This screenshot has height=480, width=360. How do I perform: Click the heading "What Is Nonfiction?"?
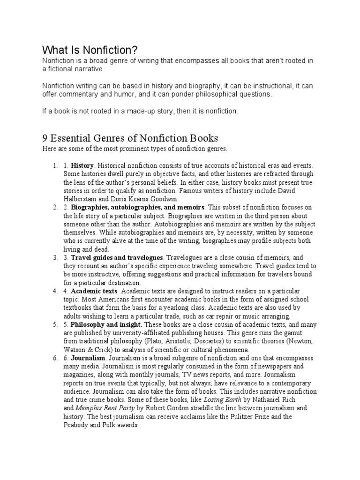90,50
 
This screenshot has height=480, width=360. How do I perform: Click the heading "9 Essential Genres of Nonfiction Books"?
130,138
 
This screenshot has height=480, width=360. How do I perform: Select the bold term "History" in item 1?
82,165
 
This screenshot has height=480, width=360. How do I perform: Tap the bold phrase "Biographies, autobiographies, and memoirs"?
138,207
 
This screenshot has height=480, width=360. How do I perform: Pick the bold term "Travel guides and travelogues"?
117,258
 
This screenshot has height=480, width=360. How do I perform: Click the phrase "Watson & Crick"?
91,350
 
